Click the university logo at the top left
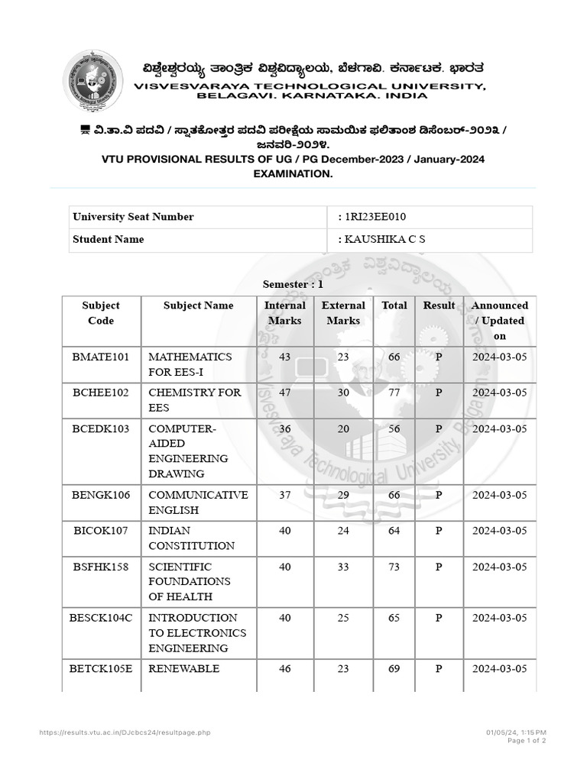tap(92, 80)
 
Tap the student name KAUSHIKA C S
tap(384, 240)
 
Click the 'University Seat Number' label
tap(133, 217)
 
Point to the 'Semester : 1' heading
tap(293, 284)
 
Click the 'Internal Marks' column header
tap(284, 313)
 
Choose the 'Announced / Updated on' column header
tap(499, 321)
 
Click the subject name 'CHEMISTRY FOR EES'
tap(194, 400)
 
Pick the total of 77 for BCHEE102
tap(394, 393)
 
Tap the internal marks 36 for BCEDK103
tap(285, 428)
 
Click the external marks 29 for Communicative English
tap(343, 495)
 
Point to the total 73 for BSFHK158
tap(394, 567)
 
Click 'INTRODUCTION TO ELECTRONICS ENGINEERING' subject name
tap(197, 633)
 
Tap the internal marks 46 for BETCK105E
tap(285, 669)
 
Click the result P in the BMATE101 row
tap(439, 357)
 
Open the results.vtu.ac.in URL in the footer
tap(125, 733)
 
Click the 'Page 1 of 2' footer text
tap(527, 741)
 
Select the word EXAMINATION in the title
tap(293, 174)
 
